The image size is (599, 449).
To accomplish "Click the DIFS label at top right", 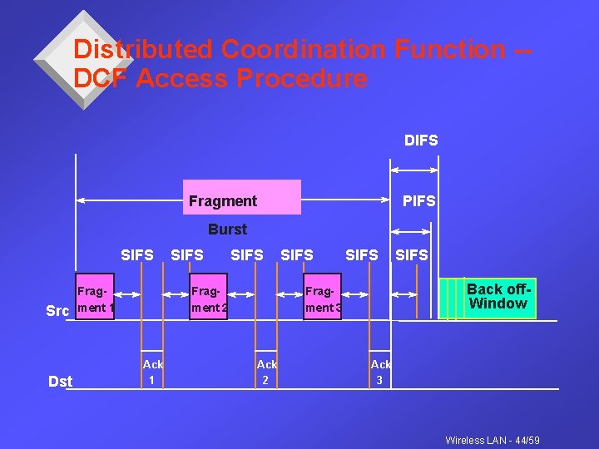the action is (421, 141).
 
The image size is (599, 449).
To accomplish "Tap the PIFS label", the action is (418, 201).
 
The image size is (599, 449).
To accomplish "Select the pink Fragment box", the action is (241, 198).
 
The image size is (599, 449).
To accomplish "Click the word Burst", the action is (227, 229).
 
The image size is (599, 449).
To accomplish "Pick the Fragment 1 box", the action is (94, 298).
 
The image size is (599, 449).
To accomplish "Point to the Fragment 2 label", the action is (210, 299).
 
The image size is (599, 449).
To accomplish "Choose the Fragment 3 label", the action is (324, 299).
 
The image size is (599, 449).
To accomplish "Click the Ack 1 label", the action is (152, 372).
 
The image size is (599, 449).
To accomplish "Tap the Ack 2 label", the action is (266, 372).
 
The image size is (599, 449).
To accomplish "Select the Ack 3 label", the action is (380, 372).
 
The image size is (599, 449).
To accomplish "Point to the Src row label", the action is (57, 311).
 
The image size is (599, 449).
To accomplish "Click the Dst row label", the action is (61, 382).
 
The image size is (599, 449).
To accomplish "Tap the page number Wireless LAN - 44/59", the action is (493, 440).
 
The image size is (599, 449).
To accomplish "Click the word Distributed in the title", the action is (142, 49).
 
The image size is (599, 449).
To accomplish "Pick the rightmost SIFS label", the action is (411, 255).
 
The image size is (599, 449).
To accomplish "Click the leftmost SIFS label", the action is (137, 255).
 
